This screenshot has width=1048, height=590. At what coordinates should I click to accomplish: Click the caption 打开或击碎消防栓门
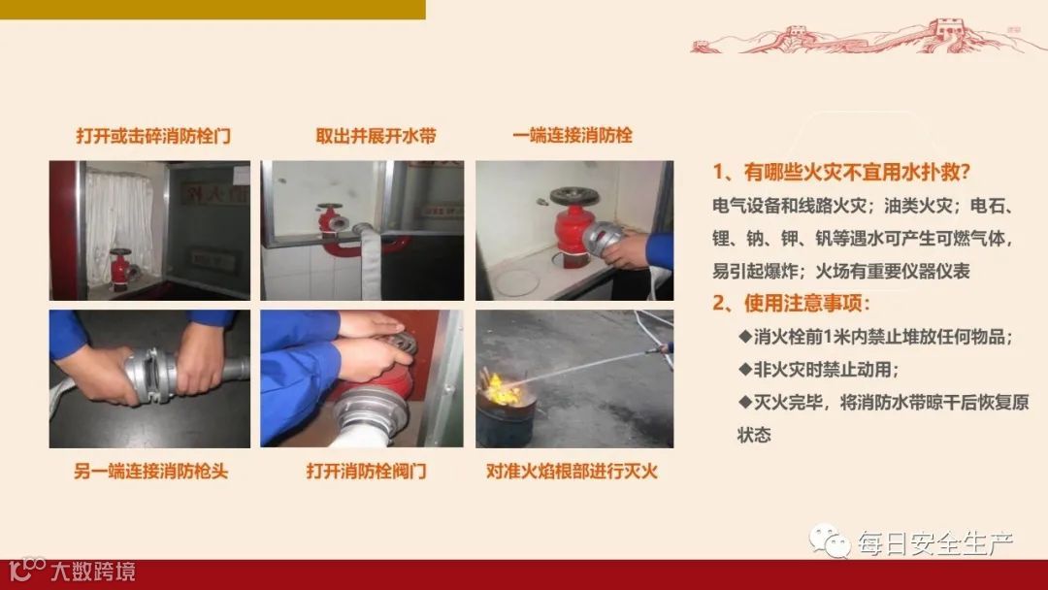tap(153, 136)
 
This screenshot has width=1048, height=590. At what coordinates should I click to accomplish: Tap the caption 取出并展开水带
tap(376, 136)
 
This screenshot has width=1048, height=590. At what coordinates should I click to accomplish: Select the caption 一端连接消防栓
tap(573, 136)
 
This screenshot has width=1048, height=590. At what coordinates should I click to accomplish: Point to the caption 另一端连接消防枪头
tap(151, 472)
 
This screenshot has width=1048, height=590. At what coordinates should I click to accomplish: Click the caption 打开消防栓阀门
tap(366, 471)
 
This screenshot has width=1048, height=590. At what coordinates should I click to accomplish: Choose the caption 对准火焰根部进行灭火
tap(573, 472)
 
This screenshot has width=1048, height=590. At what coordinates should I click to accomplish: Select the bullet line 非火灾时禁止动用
tap(819, 370)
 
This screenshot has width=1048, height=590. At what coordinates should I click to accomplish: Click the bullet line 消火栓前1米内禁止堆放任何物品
tap(875, 337)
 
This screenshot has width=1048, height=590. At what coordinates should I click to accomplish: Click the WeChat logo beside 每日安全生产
tap(830, 541)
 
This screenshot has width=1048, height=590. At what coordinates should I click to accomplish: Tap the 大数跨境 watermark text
tap(93, 572)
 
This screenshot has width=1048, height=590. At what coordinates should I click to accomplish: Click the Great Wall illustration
tap(868, 37)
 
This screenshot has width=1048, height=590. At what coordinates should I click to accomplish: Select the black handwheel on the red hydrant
tap(574, 196)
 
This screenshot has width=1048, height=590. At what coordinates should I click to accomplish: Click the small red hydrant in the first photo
tap(121, 269)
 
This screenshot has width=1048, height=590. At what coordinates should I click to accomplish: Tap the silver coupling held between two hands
tap(152, 376)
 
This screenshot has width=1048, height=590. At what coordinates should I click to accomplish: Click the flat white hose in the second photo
tap(369, 261)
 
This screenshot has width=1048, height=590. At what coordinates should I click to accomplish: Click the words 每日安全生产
tap(935, 543)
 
